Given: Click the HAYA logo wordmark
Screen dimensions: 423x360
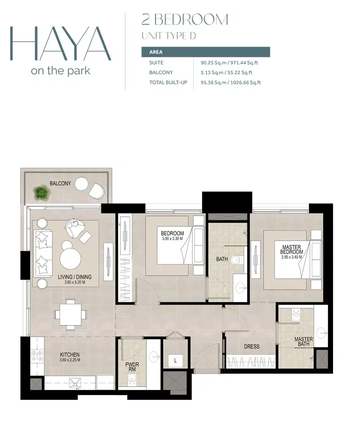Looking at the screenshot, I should point(60,44).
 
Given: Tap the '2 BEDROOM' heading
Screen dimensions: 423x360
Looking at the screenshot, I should point(185,20).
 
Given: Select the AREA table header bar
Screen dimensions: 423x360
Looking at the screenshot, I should point(205,52).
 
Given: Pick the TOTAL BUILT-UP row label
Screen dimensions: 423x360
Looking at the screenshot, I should point(168,82).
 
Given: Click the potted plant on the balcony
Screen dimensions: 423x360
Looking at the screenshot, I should point(42,192).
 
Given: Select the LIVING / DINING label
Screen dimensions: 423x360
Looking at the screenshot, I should point(74,277).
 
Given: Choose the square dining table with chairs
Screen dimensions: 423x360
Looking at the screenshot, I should point(71,314).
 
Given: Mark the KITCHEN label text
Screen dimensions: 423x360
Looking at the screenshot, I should point(70,354).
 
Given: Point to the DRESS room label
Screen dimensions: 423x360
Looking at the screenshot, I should point(251,346).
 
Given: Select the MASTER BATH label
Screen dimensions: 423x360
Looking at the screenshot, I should point(303,341).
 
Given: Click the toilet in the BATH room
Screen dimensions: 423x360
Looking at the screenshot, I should point(237,260).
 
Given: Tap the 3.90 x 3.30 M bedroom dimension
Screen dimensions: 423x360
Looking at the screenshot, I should point(172,239).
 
